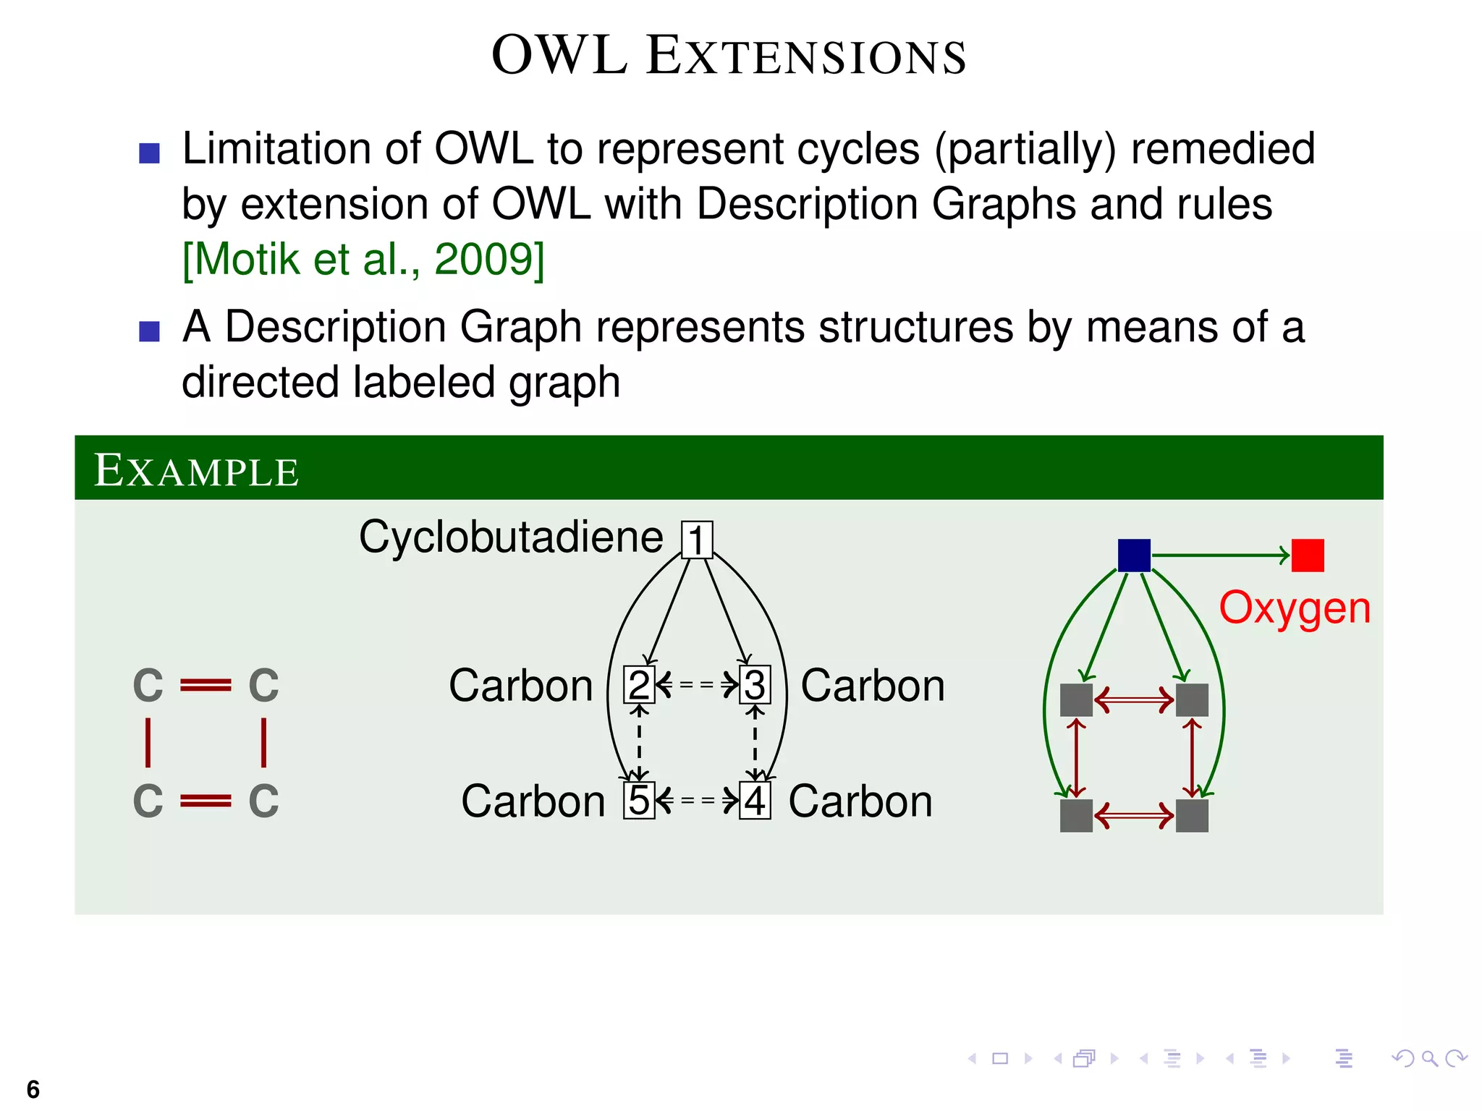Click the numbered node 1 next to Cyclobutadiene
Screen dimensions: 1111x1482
pos(697,540)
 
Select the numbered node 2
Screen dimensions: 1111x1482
pos(639,684)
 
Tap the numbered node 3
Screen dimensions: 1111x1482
pos(755,684)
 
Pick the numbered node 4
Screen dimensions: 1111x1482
pos(755,800)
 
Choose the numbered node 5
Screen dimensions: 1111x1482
pos(639,800)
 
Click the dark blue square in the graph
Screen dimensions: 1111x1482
pos(1134,555)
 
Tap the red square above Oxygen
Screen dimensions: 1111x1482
pos(1308,555)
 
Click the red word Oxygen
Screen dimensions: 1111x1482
pos(1295,608)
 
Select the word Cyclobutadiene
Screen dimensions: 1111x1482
pos(511,537)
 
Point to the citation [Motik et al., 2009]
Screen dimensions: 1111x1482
pos(363,260)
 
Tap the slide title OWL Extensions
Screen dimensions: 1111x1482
pos(729,56)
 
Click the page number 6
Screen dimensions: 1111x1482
pos(33,1089)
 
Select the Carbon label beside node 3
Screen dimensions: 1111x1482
pos(873,686)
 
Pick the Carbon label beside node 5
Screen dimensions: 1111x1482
pos(533,801)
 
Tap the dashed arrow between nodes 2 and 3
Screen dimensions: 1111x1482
pos(697,684)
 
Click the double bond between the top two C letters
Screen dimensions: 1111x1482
pos(206,684)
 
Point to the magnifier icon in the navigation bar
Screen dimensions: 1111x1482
pos(1429,1059)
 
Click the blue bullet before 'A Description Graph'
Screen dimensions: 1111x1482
pos(149,331)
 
